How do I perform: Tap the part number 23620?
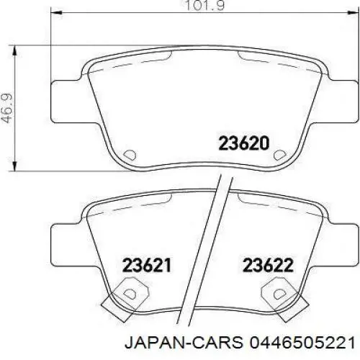pos(243,143)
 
